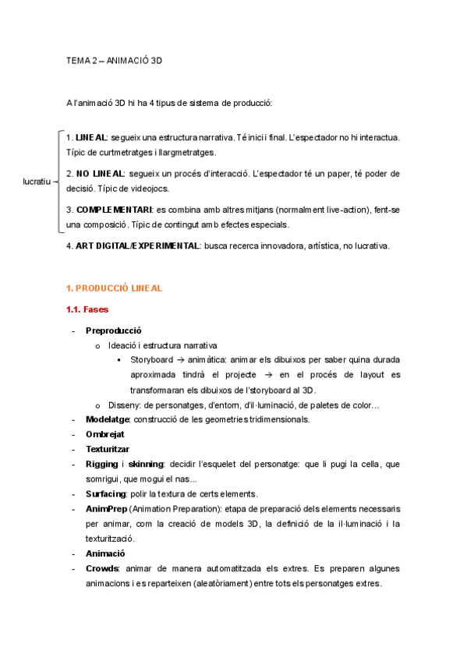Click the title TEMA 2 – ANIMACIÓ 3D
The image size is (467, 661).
(114, 60)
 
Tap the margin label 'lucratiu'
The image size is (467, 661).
(36, 182)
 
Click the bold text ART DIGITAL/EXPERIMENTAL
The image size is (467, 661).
(137, 246)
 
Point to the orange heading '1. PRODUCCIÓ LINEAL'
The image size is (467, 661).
(114, 288)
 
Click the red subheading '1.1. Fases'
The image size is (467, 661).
(87, 309)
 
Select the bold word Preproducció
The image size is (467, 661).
(113, 330)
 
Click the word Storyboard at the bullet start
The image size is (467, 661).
(151, 360)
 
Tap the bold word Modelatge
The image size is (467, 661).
(106, 419)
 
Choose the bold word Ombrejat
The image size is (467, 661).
(104, 434)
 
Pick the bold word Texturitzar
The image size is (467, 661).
(107, 449)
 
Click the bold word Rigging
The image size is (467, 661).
(101, 464)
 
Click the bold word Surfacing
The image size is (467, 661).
(105, 493)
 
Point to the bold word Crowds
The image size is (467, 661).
(102, 568)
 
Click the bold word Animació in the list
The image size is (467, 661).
(104, 553)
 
